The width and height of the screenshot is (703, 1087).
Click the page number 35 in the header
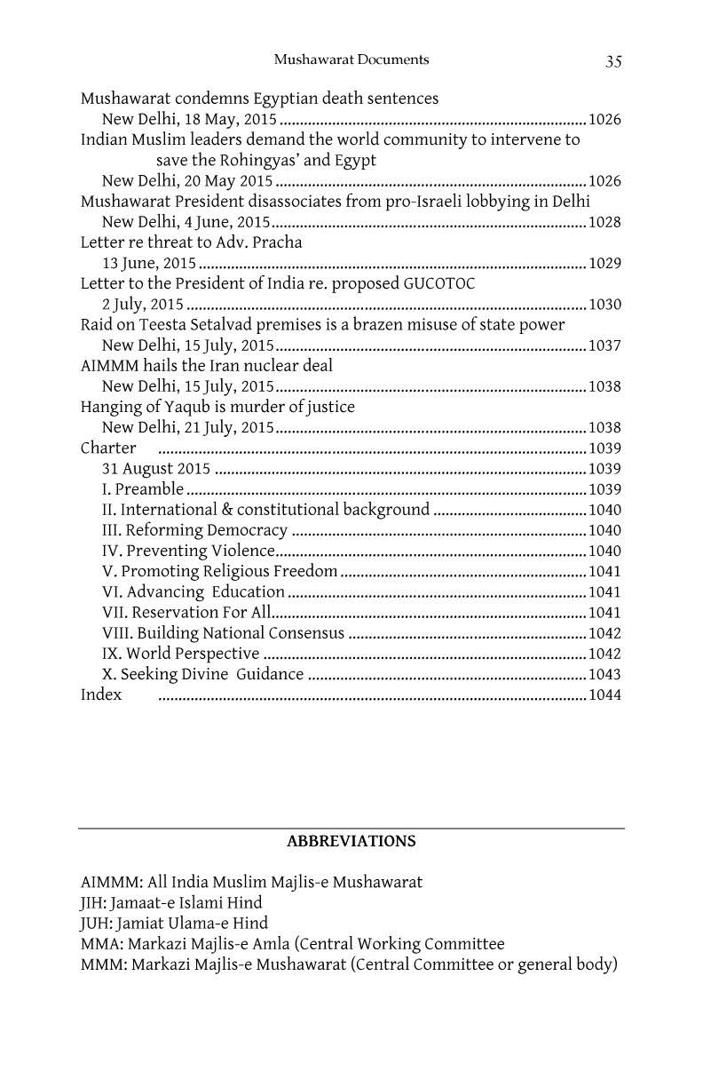pos(613,60)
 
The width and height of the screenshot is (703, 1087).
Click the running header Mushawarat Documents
pos(351,60)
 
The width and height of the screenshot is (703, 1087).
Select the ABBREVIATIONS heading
pos(351,840)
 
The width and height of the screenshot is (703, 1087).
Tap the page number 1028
pos(604,222)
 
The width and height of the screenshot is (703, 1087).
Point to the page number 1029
pos(604,264)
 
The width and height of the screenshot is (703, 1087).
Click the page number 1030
pos(604,305)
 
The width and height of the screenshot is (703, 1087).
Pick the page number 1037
pos(604,345)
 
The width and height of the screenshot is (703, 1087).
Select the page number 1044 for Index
pos(604,695)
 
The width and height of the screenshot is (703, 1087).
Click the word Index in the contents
pos(101,694)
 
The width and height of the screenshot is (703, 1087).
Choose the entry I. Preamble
pos(143,489)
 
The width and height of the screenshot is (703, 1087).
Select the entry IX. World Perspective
pos(181,654)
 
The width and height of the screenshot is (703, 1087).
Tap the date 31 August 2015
pos(156,469)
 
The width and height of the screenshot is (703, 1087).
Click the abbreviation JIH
pos(93,903)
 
